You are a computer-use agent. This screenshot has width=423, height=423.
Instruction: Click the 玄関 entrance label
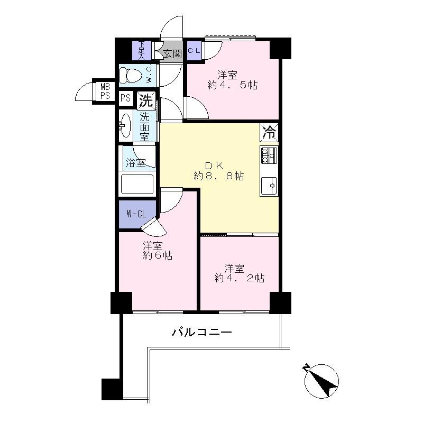pos(172,53)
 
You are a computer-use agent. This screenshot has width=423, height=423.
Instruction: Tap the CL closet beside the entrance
pos(194,51)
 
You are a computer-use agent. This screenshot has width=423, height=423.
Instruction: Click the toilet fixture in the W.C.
pos(130,75)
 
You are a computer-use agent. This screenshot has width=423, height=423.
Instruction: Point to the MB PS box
pos(105,91)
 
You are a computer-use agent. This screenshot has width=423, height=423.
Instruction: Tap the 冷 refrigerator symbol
pos(269,132)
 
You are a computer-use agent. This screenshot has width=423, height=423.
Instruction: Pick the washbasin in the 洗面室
pos(125,125)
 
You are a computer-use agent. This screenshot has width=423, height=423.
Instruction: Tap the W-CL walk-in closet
pos(136,214)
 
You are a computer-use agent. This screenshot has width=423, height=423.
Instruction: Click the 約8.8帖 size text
pos(218,176)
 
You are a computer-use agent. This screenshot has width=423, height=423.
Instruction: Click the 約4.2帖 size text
pos(239,278)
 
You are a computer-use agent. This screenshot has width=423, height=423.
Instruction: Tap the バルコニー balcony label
pos(201,333)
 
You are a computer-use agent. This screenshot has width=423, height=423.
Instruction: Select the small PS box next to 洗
pos(126,98)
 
